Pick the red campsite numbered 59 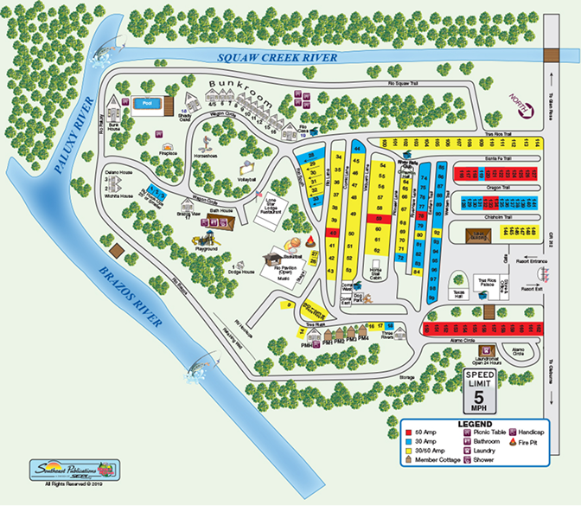[x=378, y=220]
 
